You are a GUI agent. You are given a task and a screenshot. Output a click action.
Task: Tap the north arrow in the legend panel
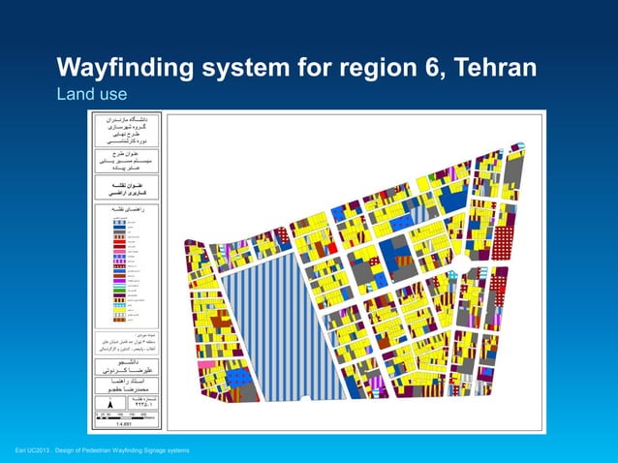tap(108, 401)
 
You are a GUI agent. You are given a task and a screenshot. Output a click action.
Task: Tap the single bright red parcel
tap(331, 248)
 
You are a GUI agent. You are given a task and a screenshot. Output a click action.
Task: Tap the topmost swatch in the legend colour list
tap(119, 222)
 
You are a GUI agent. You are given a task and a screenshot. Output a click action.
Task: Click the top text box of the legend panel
tap(125, 130)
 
